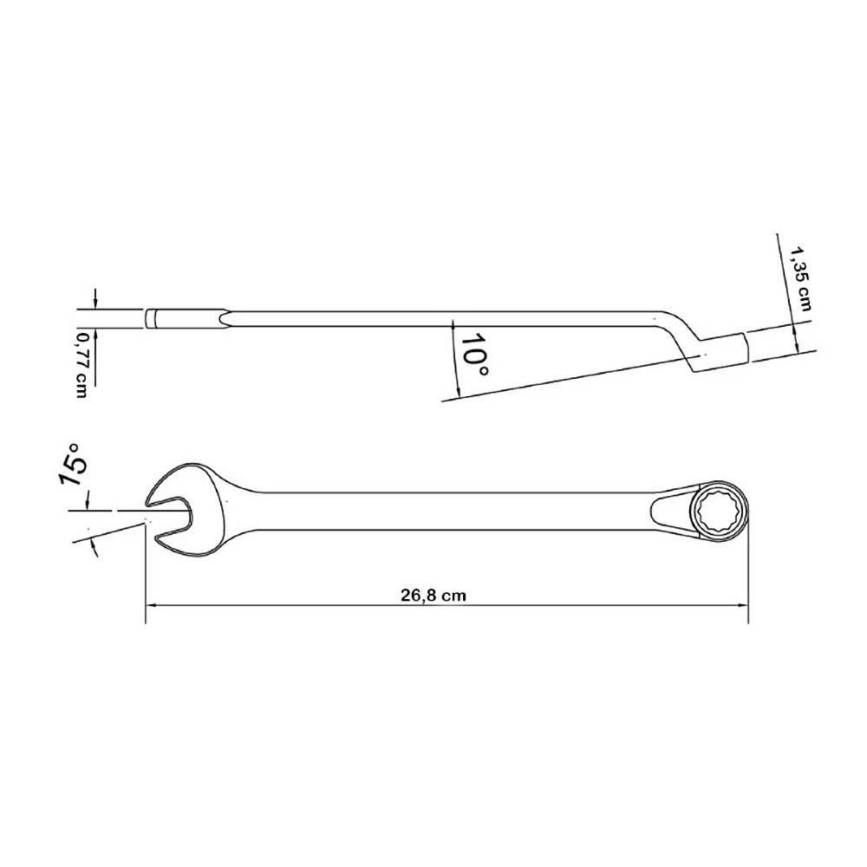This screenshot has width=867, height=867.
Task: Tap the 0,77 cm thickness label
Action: [x=82, y=364]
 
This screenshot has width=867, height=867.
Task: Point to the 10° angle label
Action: [x=474, y=355]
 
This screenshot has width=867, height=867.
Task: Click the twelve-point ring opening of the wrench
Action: [x=719, y=509]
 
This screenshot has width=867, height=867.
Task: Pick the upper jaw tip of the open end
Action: [x=148, y=502]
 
